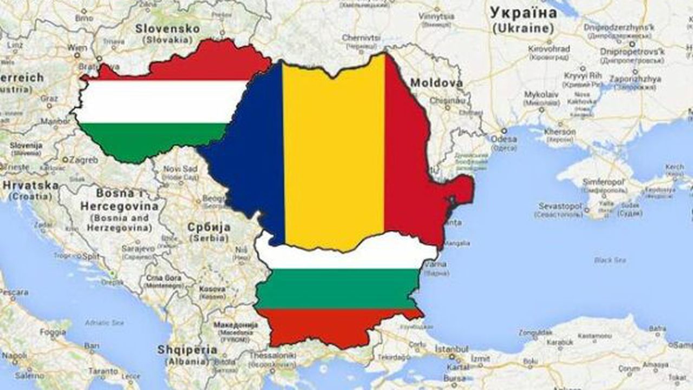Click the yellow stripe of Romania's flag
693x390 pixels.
(x=334, y=152)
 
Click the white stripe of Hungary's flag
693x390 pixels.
(x=162, y=102)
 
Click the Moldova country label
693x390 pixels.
(x=436, y=83)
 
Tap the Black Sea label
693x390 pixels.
(x=610, y=261)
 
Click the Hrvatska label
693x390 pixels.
(x=30, y=185)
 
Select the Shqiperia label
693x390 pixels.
(x=187, y=350)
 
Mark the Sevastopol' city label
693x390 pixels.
(x=560, y=206)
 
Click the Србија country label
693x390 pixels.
(x=209, y=227)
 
